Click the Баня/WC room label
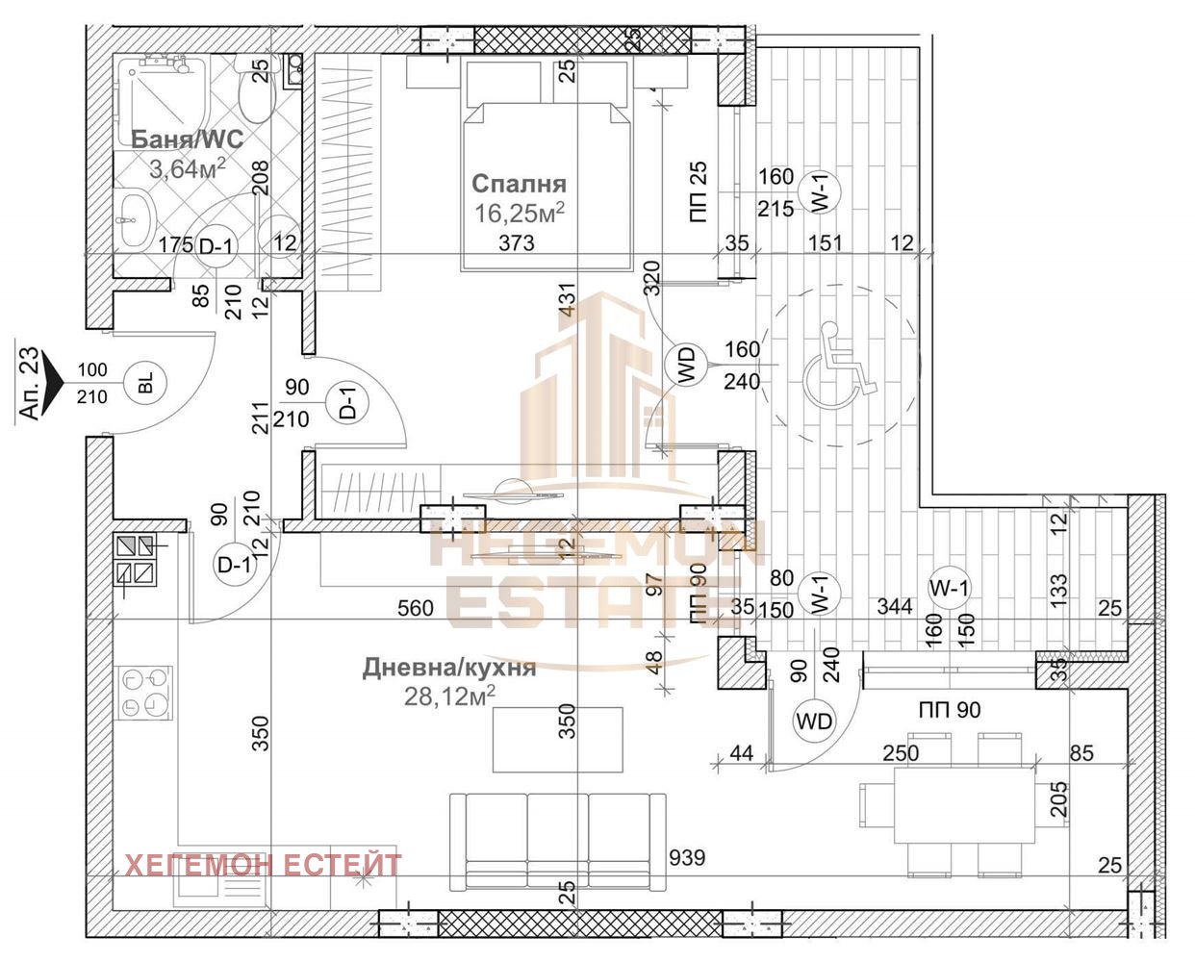(x=187, y=139)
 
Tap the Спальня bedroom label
(x=520, y=184)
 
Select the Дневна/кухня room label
(x=449, y=668)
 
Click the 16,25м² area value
(x=520, y=213)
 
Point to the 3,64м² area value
(x=188, y=168)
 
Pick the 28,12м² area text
(x=449, y=696)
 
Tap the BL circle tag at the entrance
(x=145, y=383)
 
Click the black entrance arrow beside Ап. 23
(x=54, y=382)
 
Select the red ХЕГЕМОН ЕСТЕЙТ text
(x=264, y=866)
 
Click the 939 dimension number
(x=687, y=857)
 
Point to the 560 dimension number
(x=416, y=608)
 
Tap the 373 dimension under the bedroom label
(x=517, y=242)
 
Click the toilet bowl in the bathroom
(x=255, y=91)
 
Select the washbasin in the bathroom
(x=137, y=218)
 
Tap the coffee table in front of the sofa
(x=557, y=739)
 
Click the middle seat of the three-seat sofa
(x=557, y=839)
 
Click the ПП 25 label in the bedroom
(x=699, y=191)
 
